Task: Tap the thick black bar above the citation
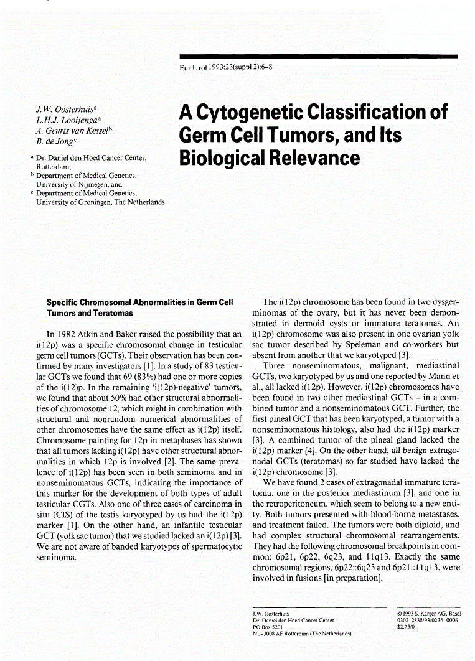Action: [x=318, y=56]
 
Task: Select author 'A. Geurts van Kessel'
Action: [x=74, y=131]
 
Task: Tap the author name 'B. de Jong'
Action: [x=57, y=141]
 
